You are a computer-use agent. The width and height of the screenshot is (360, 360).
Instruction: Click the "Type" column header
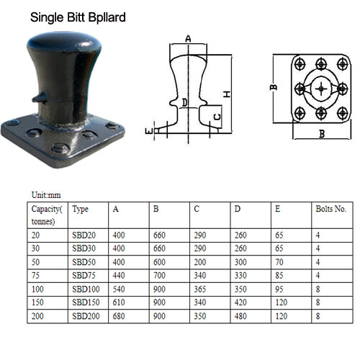pos(81,210)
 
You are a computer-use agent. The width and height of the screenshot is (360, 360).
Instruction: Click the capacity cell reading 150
pos(38,302)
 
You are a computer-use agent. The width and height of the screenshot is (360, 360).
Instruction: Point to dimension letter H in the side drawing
pos(226,94)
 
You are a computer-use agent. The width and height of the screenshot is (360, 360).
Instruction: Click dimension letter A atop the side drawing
pos(188,38)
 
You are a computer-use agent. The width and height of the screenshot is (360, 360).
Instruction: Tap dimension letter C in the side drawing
pos(217,114)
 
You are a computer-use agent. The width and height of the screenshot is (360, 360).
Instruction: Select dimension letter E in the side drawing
pos(148,130)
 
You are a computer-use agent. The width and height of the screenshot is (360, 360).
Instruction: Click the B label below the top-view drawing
pos(321,133)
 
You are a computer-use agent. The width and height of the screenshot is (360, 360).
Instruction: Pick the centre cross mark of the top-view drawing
pos(320,89)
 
